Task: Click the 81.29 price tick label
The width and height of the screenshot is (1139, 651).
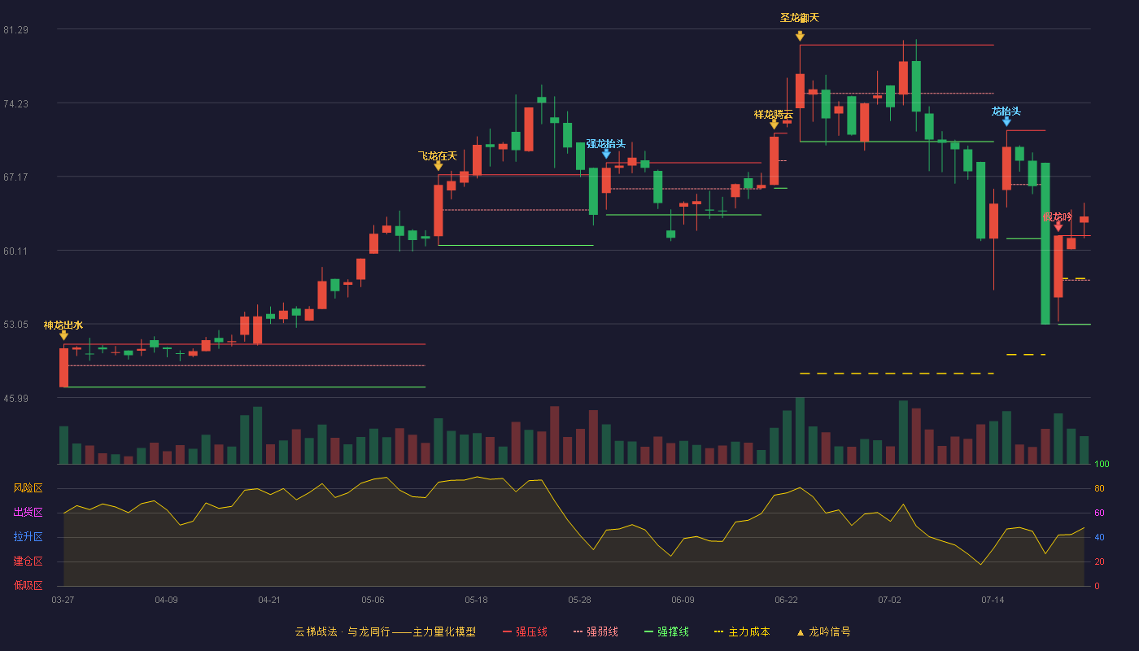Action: [15, 30]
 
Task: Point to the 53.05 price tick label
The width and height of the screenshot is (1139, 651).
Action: [15, 325]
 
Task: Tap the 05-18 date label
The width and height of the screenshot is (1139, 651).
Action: [476, 601]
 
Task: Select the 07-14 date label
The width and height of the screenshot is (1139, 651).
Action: [993, 601]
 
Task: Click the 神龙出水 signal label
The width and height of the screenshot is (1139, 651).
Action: [63, 325]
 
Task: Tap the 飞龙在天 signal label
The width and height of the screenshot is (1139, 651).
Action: [438, 155]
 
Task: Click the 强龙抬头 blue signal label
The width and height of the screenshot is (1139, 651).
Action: [605, 143]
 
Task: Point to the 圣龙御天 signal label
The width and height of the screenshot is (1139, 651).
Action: [800, 18]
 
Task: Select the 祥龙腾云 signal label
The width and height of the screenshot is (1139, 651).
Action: [774, 115]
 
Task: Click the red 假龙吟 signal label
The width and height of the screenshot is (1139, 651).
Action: [1058, 217]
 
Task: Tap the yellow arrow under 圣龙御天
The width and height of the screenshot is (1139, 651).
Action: [800, 36]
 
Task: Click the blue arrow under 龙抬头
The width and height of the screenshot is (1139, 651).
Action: [1006, 121]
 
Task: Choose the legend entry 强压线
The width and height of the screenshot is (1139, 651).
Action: [525, 631]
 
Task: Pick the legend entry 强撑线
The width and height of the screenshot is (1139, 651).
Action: [666, 631]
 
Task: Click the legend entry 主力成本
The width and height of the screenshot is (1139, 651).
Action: [742, 631]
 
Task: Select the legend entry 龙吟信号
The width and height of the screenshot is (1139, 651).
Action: [823, 631]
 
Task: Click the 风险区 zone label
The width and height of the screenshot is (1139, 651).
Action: [28, 487]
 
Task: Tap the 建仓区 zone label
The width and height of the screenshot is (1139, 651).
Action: [28, 561]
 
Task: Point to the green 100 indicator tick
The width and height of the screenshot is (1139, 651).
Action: [1102, 464]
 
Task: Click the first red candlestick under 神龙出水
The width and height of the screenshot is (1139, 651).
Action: [63, 367]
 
